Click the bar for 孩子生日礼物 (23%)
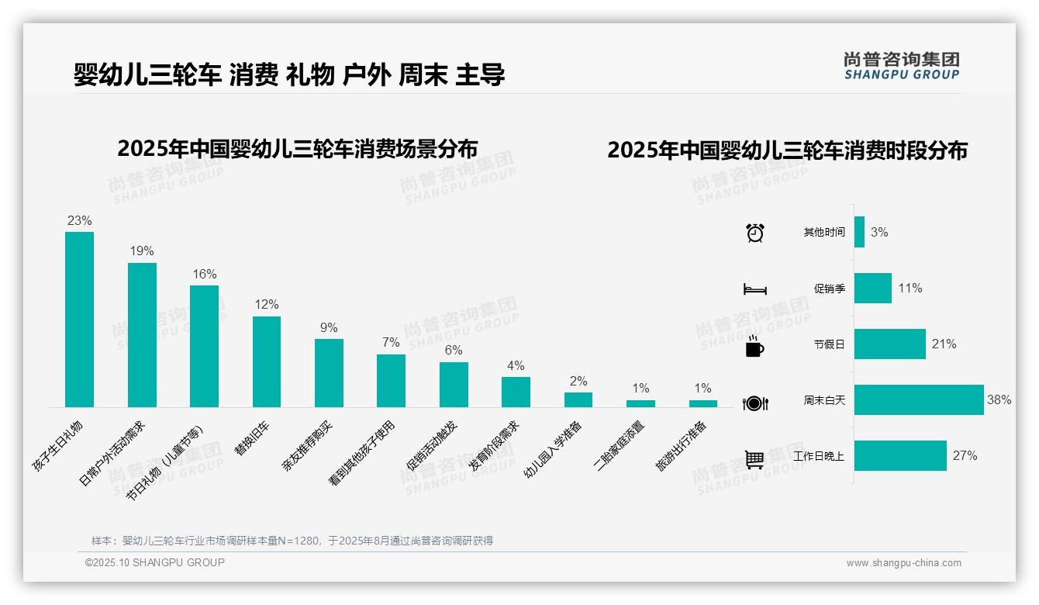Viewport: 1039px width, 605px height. coord(79,320)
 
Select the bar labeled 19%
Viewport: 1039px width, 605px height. coord(142,335)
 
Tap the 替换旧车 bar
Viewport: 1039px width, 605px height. coord(267,361)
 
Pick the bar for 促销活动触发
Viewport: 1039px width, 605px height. coord(454,385)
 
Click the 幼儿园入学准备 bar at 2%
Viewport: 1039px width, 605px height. coord(578,399)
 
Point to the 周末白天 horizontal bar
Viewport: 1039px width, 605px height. coord(919,400)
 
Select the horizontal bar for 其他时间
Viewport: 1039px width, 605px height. coord(859,232)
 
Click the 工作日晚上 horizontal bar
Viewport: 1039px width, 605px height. coord(900,456)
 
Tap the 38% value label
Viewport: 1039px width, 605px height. coord(999,400)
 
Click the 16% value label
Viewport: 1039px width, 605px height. coord(205,275)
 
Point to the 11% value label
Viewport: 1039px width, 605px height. coord(910,289)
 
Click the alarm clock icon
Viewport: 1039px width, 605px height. coord(754,233)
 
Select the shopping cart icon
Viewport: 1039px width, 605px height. coord(754,459)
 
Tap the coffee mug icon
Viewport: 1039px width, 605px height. coord(754,347)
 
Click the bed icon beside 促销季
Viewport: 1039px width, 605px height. coord(754,289)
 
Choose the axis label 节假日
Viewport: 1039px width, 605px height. coord(829,344)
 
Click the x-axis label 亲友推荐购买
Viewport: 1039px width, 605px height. coord(308,448)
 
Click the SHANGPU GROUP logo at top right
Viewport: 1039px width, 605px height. coord(901,66)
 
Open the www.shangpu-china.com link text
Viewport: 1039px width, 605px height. coord(903,563)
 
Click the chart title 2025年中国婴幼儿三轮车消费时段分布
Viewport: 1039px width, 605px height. coord(787,150)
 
